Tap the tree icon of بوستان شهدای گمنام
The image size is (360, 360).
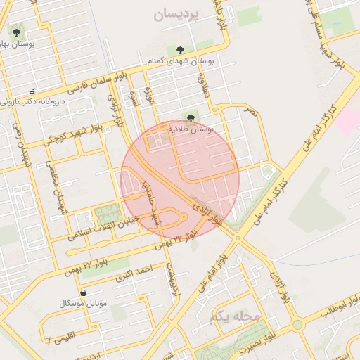[181, 49]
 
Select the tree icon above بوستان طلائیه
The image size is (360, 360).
[191, 117]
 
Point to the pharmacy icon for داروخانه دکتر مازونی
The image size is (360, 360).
[31, 91]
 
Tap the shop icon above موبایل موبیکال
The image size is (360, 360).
[84, 292]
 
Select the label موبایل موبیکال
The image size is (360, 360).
[84, 304]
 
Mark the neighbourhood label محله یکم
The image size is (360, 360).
[234, 317]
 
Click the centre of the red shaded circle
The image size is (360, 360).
[180, 179]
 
